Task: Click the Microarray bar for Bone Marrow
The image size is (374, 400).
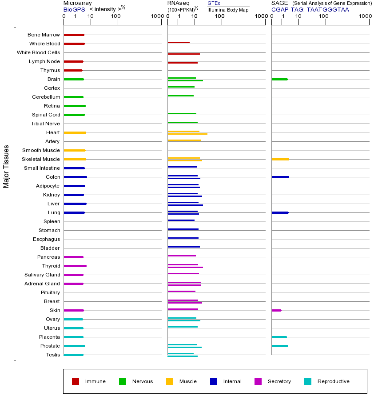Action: click(74, 35)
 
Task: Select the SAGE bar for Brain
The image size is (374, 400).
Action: click(279, 79)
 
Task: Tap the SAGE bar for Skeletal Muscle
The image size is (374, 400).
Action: click(280, 159)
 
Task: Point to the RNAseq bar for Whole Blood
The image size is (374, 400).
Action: click(179, 43)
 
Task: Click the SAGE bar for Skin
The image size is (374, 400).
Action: click(276, 310)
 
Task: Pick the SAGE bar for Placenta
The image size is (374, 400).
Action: click(279, 337)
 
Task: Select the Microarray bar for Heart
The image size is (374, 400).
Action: click(75, 132)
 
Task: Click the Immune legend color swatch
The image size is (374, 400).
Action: click(76, 381)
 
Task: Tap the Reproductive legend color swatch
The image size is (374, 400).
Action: click(308, 381)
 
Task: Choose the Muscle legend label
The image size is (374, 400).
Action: click(188, 381)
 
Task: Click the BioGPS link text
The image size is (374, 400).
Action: click(74, 9)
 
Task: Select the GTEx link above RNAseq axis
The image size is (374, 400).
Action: click(214, 3)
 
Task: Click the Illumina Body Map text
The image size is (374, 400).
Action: click(228, 9)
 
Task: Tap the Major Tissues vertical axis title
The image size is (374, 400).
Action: click(6, 166)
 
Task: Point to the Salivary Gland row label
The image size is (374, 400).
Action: click(42, 275)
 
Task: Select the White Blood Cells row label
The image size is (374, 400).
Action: click(38, 52)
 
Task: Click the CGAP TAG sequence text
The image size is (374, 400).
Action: click(310, 9)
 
